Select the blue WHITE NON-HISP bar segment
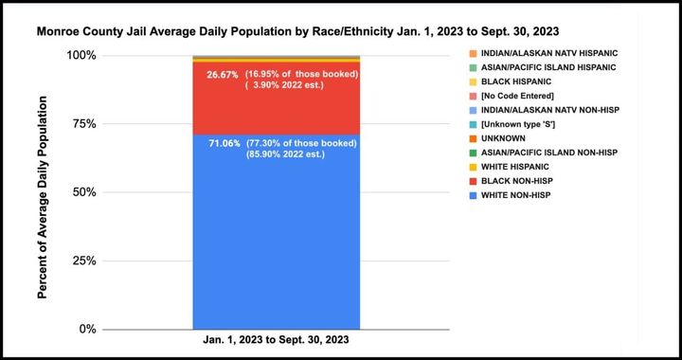(x=276, y=246)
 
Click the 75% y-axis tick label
(x=81, y=124)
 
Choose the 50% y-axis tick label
(x=81, y=192)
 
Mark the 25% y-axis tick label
(x=81, y=261)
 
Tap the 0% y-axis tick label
(x=84, y=330)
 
